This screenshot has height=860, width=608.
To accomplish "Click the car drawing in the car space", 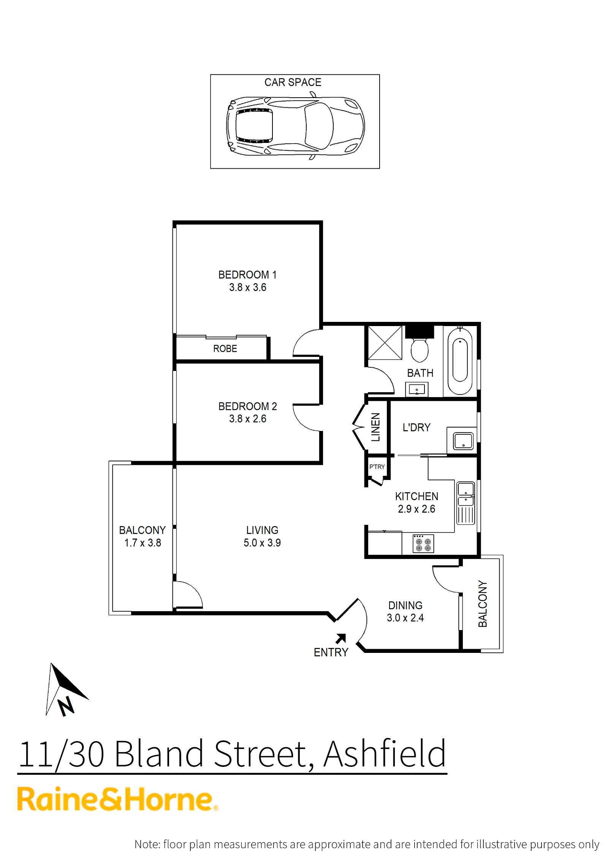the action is point(295,126).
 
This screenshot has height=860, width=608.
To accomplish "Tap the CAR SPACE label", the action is point(293,82).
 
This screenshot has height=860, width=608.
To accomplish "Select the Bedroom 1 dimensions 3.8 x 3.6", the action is point(247,287).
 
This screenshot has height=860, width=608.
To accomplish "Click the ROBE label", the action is point(225,348).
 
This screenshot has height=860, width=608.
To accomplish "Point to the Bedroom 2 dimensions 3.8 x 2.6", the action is point(247,419).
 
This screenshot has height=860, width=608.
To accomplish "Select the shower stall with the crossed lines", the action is point(385,342).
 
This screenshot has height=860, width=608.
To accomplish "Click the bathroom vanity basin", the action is point(416,390).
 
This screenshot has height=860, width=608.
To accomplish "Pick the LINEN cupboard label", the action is point(375,427).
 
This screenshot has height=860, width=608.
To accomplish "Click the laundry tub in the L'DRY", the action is point(463,441).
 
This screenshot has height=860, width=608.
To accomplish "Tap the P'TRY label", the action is point(377,467).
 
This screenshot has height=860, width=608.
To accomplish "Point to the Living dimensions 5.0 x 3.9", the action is point(262,543).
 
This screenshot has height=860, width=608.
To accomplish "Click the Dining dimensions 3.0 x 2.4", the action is point(405,618).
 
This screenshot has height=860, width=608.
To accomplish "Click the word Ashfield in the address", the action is point(385,754).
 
